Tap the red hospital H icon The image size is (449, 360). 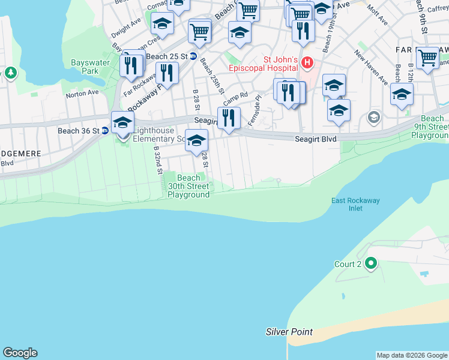coord(307,62)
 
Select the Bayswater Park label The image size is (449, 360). coord(84,67)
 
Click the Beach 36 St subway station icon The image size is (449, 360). coord(104,130)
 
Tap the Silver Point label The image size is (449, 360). coord(289,332)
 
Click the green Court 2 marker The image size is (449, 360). coord(371,263)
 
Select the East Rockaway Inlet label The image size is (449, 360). coord(355,205)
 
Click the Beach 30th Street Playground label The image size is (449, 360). coord(188,186)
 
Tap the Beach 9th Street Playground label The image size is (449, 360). coord(430,127)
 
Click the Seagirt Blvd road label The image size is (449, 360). coord(315,139)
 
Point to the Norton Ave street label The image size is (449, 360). coord(82,94)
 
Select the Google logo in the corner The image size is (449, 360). coord(20,353)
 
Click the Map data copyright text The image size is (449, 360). coord(412,355)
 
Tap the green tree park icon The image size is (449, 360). coord(10,73)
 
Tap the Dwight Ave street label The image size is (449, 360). coord(126,28)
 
